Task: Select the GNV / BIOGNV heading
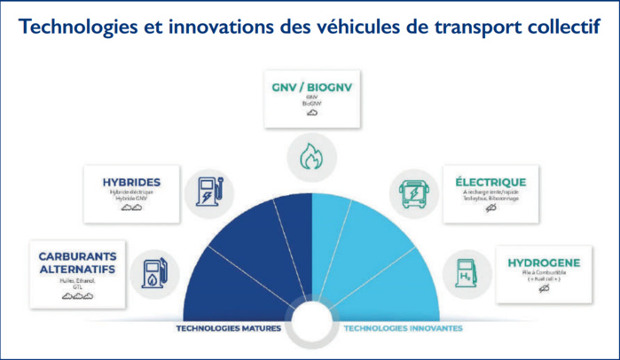(x=310, y=89)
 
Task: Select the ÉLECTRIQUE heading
(x=490, y=182)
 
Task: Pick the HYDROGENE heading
(x=544, y=262)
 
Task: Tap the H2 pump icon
(x=465, y=271)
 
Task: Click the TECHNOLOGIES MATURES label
(x=229, y=327)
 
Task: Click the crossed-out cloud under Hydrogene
(x=544, y=289)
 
